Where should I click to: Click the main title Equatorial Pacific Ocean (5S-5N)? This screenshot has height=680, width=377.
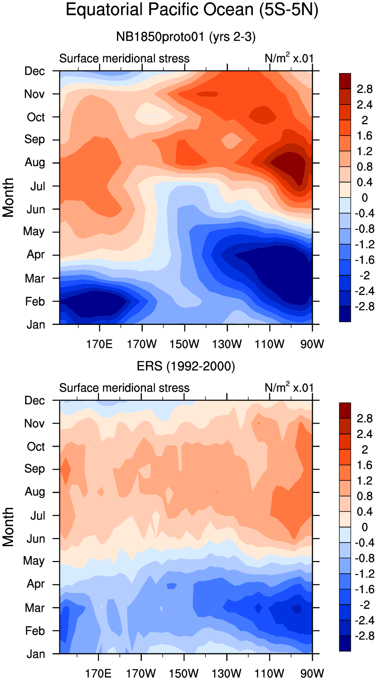(x=192, y=10)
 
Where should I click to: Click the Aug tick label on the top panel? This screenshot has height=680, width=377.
(x=35, y=162)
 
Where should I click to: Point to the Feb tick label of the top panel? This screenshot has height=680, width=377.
(x=35, y=301)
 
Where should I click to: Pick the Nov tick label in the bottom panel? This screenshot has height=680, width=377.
(x=35, y=424)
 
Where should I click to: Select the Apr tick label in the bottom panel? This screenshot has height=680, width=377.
(x=36, y=584)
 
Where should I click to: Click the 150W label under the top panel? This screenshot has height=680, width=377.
(x=184, y=345)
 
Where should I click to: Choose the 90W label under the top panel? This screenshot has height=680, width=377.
(x=312, y=345)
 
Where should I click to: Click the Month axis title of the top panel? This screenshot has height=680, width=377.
(x=9, y=197)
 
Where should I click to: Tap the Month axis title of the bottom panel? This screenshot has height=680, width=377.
(x=9, y=526)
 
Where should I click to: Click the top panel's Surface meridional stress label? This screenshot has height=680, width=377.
(x=124, y=59)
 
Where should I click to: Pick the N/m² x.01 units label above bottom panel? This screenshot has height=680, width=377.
(x=289, y=388)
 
